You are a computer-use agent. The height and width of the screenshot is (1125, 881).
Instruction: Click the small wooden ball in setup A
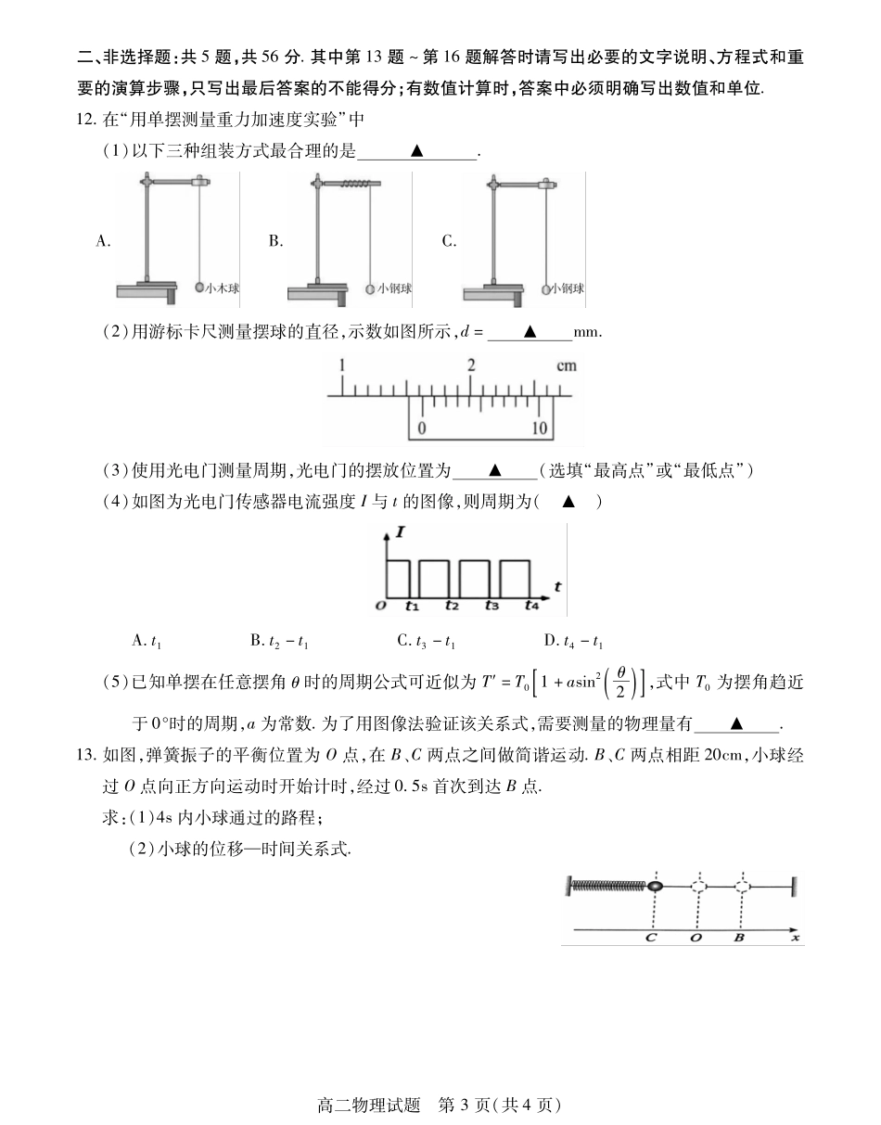[199, 288]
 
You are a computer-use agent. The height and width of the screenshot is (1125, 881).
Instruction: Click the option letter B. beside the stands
[275, 241]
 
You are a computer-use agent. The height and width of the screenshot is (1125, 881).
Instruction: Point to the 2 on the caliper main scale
[471, 365]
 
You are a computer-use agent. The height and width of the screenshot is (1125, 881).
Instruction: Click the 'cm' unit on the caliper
[566, 365]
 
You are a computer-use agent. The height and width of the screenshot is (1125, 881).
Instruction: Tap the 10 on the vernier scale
[539, 428]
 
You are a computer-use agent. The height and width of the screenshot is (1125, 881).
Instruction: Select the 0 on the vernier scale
[422, 428]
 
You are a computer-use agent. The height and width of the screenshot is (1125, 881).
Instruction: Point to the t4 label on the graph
[530, 606]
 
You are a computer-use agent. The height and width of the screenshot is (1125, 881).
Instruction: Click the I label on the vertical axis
[400, 532]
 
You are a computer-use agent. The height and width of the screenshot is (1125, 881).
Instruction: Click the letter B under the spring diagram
[738, 938]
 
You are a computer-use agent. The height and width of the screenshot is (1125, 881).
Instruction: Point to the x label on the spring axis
[795, 938]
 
